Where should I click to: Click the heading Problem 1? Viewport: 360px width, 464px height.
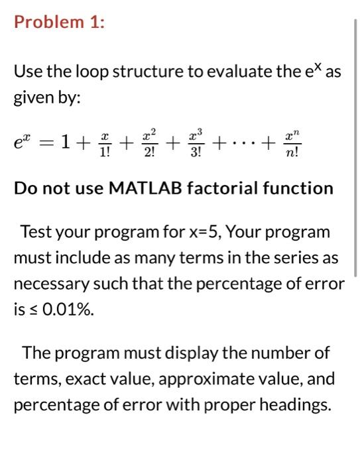(59, 22)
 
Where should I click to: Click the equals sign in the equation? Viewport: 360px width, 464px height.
(49, 141)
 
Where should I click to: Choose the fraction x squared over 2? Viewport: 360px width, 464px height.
(150, 141)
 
